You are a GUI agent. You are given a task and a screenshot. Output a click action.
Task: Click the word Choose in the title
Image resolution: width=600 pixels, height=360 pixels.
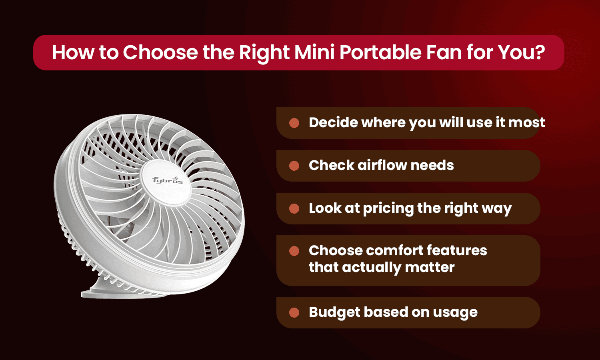[x=160, y=52]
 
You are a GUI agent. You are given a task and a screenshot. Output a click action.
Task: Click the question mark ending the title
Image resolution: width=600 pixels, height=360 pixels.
[x=540, y=52]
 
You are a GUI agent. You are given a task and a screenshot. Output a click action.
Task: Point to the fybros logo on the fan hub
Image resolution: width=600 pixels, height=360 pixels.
[x=167, y=180]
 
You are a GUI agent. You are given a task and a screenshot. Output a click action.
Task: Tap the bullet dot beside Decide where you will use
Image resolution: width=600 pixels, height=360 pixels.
[x=294, y=123]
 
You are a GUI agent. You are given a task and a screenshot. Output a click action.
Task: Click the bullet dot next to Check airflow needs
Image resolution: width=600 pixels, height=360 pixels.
[x=294, y=166]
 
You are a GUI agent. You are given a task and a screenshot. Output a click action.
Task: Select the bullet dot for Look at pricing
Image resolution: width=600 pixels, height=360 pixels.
[x=294, y=208]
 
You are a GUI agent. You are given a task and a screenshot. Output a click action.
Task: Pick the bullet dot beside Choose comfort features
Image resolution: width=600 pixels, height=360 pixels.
[x=294, y=251]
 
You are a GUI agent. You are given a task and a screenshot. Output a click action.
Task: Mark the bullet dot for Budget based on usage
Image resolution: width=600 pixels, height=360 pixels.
[x=294, y=312]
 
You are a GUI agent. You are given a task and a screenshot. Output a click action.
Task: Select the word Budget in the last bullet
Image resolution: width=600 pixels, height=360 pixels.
[x=334, y=312]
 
